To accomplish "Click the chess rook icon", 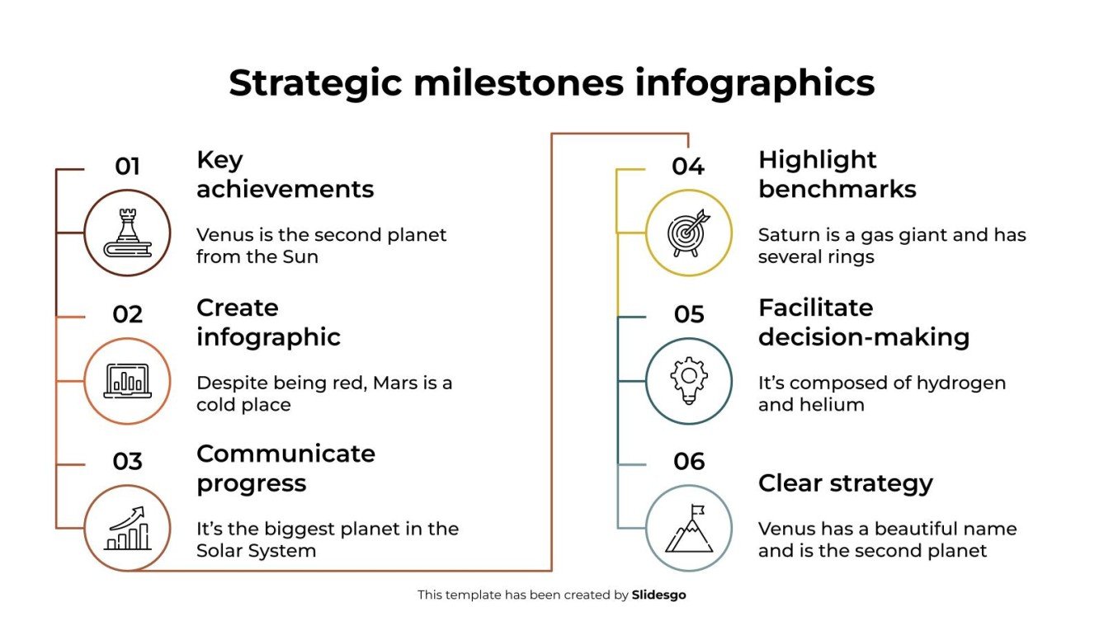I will [x=127, y=233].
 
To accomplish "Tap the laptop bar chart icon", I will [x=127, y=381].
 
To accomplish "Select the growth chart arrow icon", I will [x=127, y=529].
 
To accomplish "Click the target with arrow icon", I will [x=688, y=233].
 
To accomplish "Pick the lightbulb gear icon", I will [x=688, y=381].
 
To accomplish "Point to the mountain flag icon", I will [x=688, y=529].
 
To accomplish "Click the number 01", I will [x=127, y=167].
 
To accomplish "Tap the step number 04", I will [x=688, y=167].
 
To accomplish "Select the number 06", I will [x=688, y=462].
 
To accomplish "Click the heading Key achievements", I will [x=285, y=174].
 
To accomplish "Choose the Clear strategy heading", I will [x=845, y=483].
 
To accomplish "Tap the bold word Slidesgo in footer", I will [x=658, y=595].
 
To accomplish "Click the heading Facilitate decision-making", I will [x=863, y=322].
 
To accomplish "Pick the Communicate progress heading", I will [x=285, y=468].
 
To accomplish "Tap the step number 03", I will [x=127, y=462].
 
